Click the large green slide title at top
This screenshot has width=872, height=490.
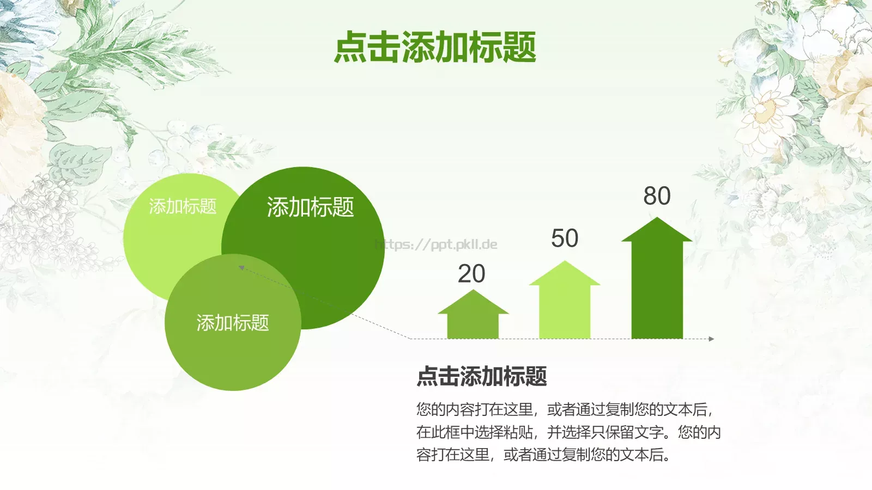pos(435,47)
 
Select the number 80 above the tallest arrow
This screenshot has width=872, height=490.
pos(657,196)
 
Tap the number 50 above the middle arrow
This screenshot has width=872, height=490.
pos(565,238)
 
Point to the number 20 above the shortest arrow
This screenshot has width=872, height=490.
pos(471,274)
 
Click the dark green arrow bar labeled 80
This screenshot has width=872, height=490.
pos(657,289)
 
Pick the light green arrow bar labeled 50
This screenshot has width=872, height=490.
pos(565,308)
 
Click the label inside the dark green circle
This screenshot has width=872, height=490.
pos(310,207)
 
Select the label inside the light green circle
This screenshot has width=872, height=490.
pos(183,206)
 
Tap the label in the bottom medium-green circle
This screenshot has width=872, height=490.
pos(233,323)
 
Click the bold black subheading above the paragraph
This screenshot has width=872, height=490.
pos(482,376)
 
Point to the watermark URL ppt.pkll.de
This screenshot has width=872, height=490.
pos(436,244)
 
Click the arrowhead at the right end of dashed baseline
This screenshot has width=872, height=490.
pos(711,339)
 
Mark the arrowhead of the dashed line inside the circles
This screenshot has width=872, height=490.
pos(241,267)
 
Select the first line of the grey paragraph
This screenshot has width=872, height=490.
pos(565,409)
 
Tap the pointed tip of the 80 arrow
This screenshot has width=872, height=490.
pos(657,218)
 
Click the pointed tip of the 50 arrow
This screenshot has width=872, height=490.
pos(565,262)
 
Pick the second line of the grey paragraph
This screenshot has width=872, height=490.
pos(568,432)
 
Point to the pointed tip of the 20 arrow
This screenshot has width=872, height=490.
pos(473,291)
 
